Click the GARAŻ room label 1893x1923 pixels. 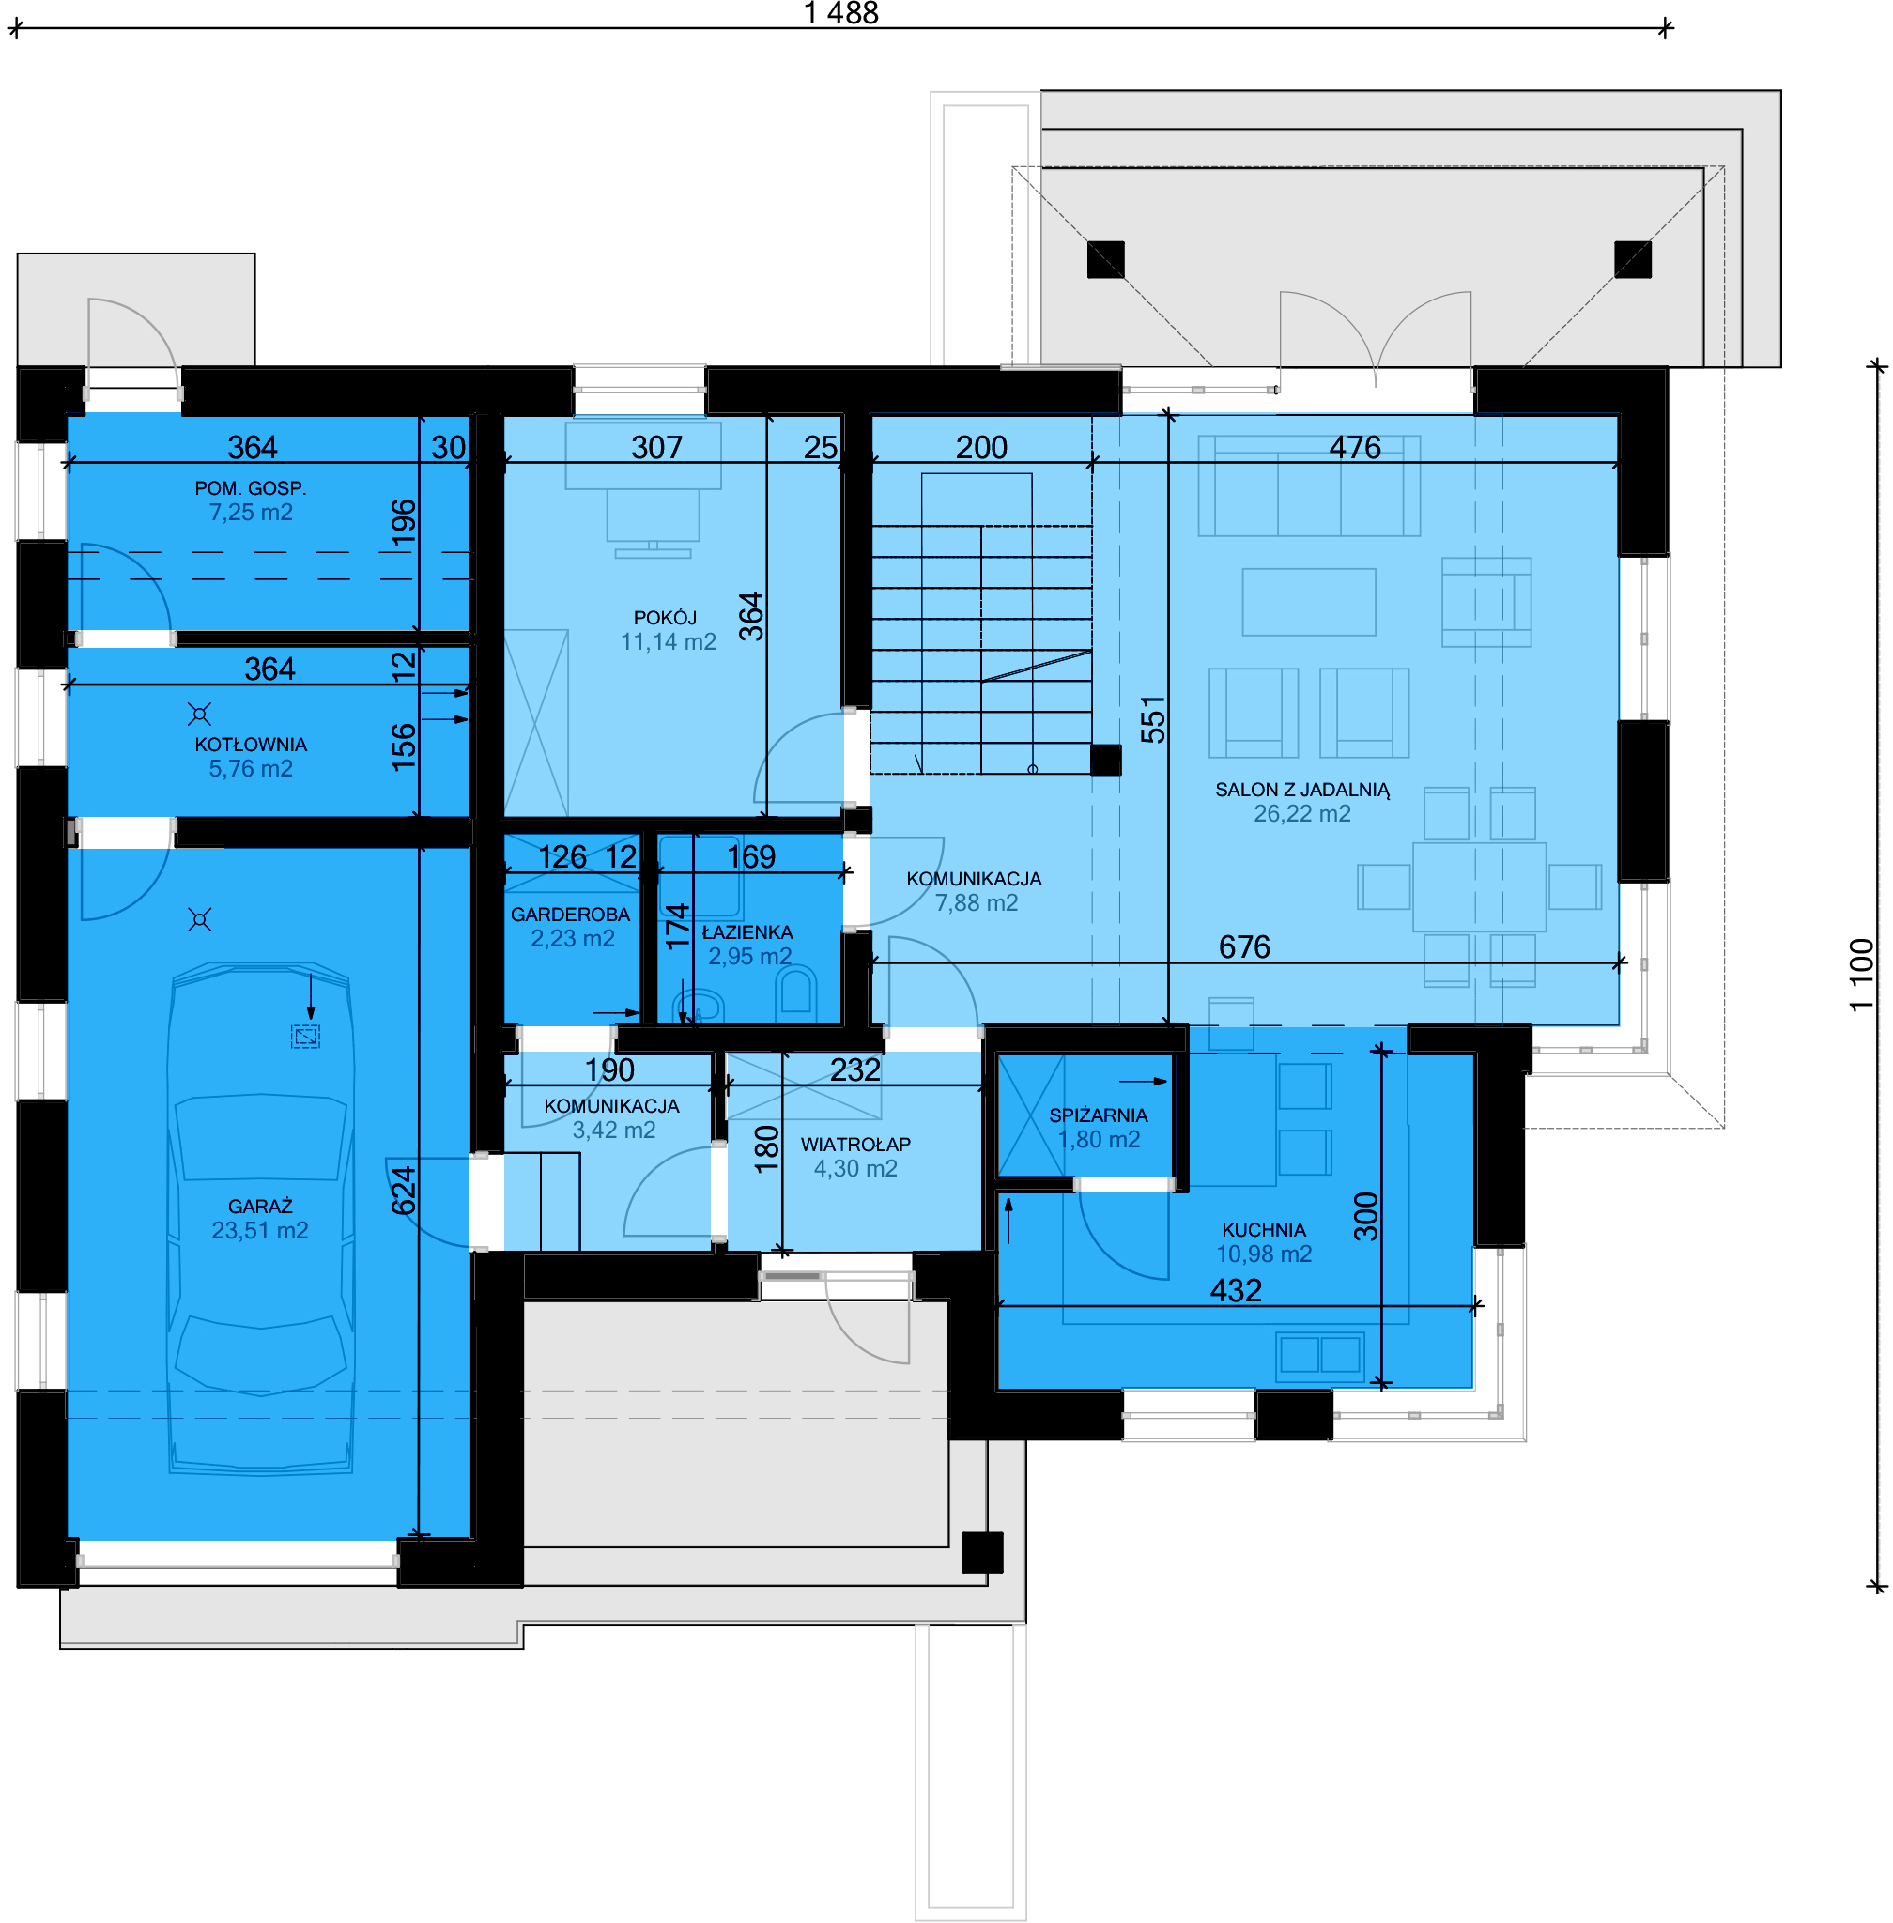(x=259, y=1207)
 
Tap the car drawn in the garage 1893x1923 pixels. (x=260, y=1218)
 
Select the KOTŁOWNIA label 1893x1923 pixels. (x=251, y=745)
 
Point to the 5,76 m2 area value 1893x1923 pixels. (x=251, y=769)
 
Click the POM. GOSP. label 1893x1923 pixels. (x=251, y=488)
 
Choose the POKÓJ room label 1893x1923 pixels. (x=665, y=618)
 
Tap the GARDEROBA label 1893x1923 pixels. (x=571, y=915)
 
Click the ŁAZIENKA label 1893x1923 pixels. (x=747, y=932)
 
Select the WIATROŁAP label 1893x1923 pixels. (x=856, y=1145)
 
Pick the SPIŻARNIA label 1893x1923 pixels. (x=1099, y=1115)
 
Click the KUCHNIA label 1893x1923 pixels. (x=1264, y=1230)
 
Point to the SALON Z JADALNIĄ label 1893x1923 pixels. (x=1302, y=790)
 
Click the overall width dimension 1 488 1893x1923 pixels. (x=841, y=13)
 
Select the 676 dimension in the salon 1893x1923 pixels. (x=1245, y=946)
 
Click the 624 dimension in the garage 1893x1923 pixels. (x=403, y=1191)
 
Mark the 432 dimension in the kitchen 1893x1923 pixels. (x=1236, y=1291)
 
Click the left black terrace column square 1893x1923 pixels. (x=1105, y=259)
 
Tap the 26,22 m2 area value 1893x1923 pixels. (x=1302, y=813)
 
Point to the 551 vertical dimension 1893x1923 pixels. (x=1152, y=720)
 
